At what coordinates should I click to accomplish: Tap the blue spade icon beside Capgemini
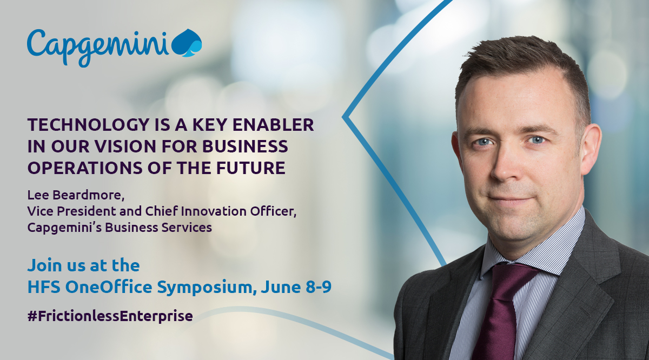[187, 43]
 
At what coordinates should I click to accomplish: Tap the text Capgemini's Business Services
[120, 228]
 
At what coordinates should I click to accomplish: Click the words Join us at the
[83, 265]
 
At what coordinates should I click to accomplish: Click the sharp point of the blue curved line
[343, 115]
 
